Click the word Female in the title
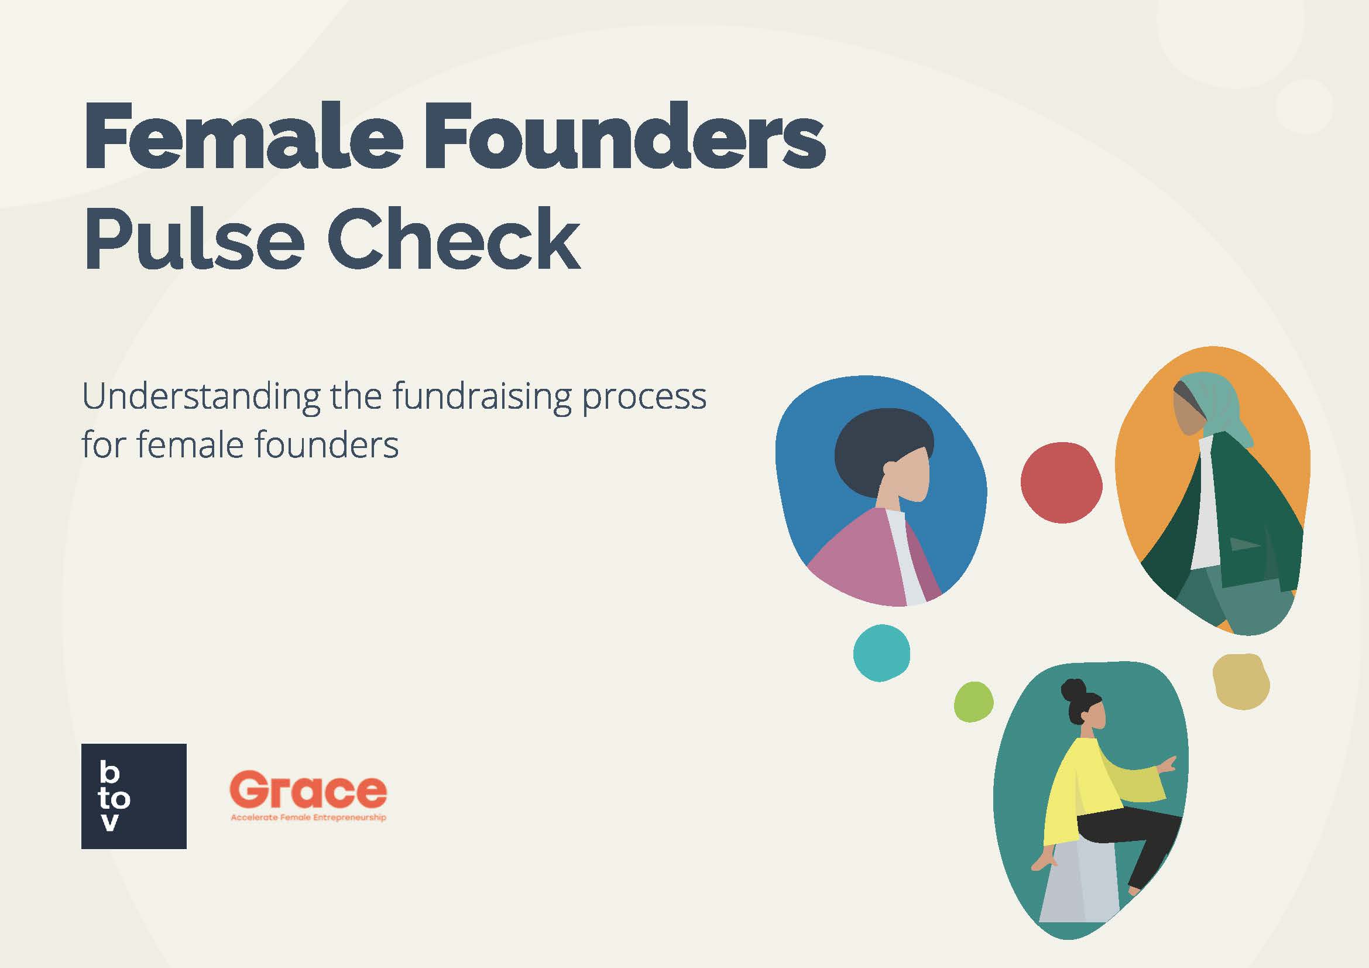pyautogui.click(x=243, y=136)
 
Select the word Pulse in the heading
pyautogui.click(x=194, y=238)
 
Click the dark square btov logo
pyautogui.click(x=133, y=796)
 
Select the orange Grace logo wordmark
pyautogui.click(x=308, y=789)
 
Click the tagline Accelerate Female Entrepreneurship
pyautogui.click(x=308, y=817)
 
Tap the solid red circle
pyautogui.click(x=1061, y=483)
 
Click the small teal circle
pyautogui.click(x=881, y=653)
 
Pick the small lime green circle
pyautogui.click(x=974, y=702)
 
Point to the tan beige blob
pyautogui.click(x=1241, y=682)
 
